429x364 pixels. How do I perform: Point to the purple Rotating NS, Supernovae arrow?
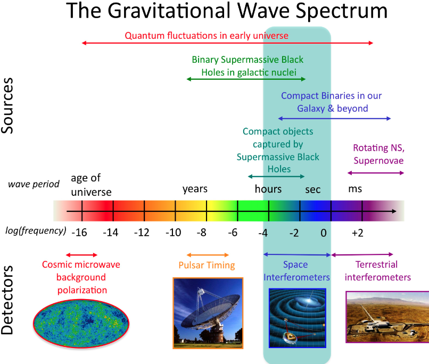point(376,172)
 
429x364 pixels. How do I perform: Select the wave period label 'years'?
point(195,189)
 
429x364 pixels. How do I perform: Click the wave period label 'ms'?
point(355,189)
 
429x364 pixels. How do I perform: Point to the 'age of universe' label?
point(91,185)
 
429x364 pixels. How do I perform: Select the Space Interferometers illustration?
point(297,318)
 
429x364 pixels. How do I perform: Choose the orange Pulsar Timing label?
point(207,265)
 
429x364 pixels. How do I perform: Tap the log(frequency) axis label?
point(36,231)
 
